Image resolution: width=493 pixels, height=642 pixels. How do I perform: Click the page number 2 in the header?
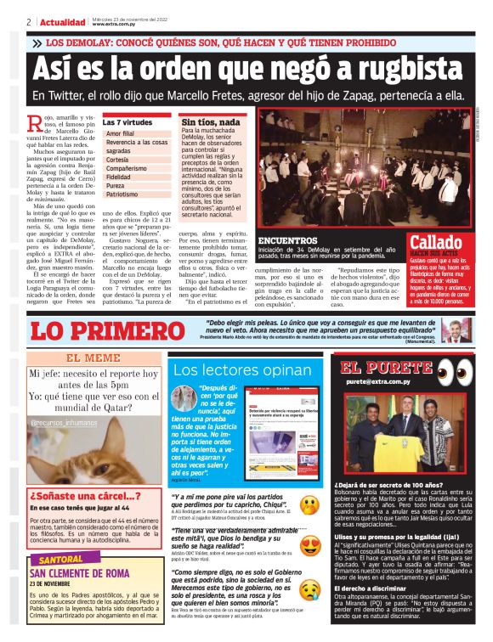[x=29, y=21]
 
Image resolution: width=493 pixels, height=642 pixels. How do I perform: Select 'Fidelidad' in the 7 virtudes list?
[x=123, y=177]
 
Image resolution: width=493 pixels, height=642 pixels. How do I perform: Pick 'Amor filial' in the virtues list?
[x=121, y=134]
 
